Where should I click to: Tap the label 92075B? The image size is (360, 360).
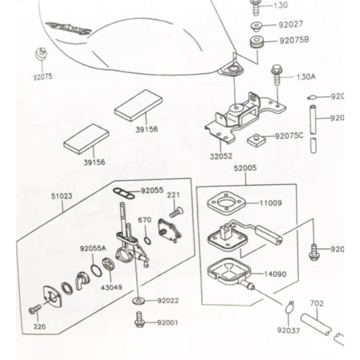click(294, 40)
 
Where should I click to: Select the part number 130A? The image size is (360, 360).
click(306, 77)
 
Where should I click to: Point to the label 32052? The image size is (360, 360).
click(220, 156)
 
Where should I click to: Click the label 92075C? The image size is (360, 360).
click(289, 135)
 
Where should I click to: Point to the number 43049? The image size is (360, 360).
click(112, 287)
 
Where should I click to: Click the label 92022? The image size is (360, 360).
click(168, 300)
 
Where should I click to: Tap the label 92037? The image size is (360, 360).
click(288, 330)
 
